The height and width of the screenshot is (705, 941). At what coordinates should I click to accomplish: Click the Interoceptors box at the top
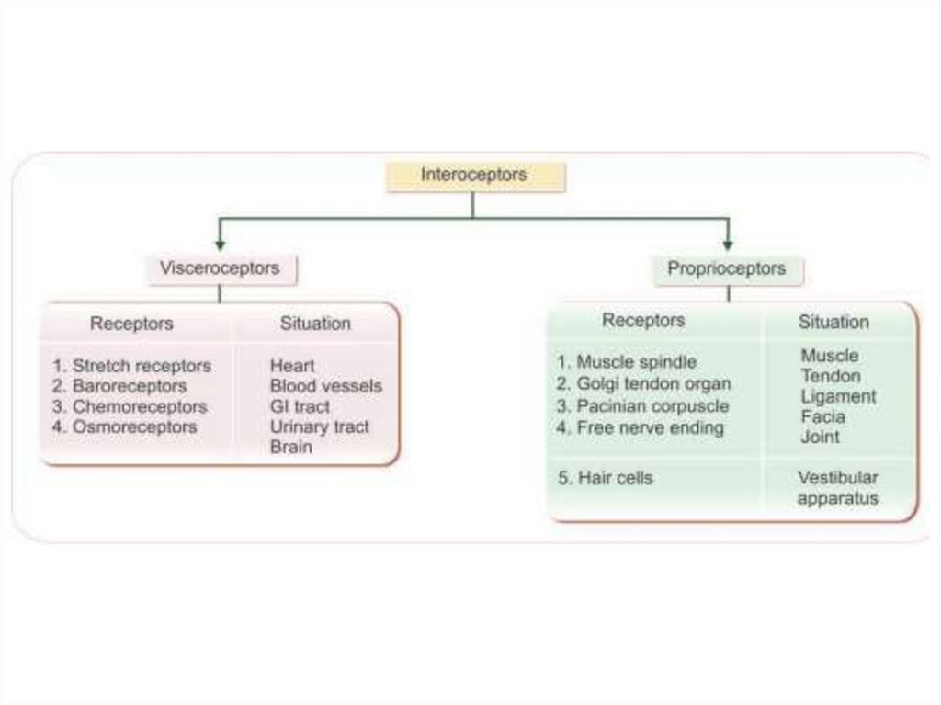[473, 176]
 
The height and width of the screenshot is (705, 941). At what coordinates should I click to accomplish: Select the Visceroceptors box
[220, 268]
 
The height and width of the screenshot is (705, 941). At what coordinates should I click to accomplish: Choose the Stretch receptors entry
[131, 366]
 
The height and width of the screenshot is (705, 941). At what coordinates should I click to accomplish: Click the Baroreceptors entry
[119, 386]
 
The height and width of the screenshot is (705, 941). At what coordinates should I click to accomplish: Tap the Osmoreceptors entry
[124, 426]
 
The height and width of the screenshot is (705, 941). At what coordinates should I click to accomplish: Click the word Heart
[292, 366]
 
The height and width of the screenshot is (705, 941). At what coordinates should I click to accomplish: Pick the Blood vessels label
[325, 386]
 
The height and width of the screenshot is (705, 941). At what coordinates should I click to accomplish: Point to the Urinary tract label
[319, 426]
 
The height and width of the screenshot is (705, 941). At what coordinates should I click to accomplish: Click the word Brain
[290, 447]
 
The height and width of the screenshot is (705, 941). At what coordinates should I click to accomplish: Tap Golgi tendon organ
[644, 383]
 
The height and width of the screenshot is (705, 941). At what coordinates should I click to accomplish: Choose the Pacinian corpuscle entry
[642, 405]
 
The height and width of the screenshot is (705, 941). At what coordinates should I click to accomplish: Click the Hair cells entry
[605, 478]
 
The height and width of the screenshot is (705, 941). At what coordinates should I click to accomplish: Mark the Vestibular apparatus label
[837, 488]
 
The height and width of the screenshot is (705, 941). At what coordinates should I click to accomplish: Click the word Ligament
[838, 396]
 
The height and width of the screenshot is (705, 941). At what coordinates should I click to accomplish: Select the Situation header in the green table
[833, 322]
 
